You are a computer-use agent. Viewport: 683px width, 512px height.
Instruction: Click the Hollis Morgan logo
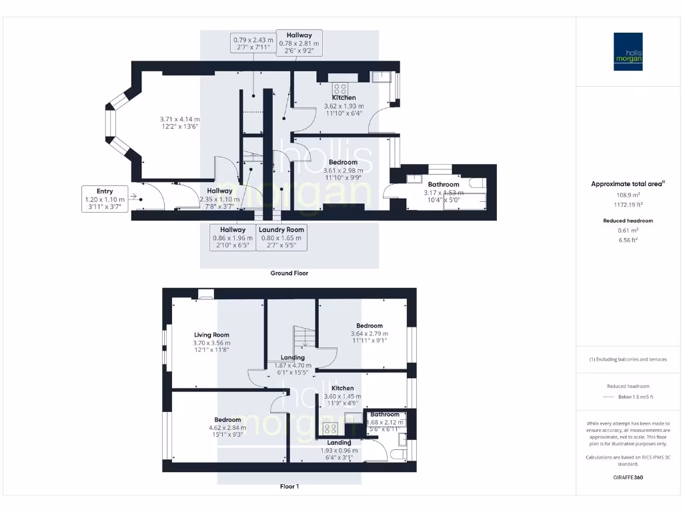(x=628, y=51)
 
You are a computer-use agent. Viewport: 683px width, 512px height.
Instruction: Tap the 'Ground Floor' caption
(x=289, y=273)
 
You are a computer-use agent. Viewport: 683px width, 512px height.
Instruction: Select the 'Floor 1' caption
(x=289, y=487)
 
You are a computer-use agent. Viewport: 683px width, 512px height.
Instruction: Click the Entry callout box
(x=104, y=199)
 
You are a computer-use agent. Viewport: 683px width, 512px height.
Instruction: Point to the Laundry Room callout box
(x=282, y=237)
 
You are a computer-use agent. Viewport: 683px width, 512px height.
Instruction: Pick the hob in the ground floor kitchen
(x=340, y=89)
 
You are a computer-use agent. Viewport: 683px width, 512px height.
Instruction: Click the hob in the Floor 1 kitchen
(x=330, y=429)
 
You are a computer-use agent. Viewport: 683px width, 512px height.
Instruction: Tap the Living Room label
(x=211, y=335)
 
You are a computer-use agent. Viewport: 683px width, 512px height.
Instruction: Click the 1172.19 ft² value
(x=618, y=205)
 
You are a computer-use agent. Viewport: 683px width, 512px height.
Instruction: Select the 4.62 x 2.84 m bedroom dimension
(x=227, y=428)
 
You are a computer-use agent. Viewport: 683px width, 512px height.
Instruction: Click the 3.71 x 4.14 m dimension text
(x=179, y=119)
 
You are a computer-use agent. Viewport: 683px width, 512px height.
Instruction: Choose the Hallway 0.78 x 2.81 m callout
(x=299, y=43)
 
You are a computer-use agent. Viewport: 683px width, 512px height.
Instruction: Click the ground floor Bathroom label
(x=444, y=185)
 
